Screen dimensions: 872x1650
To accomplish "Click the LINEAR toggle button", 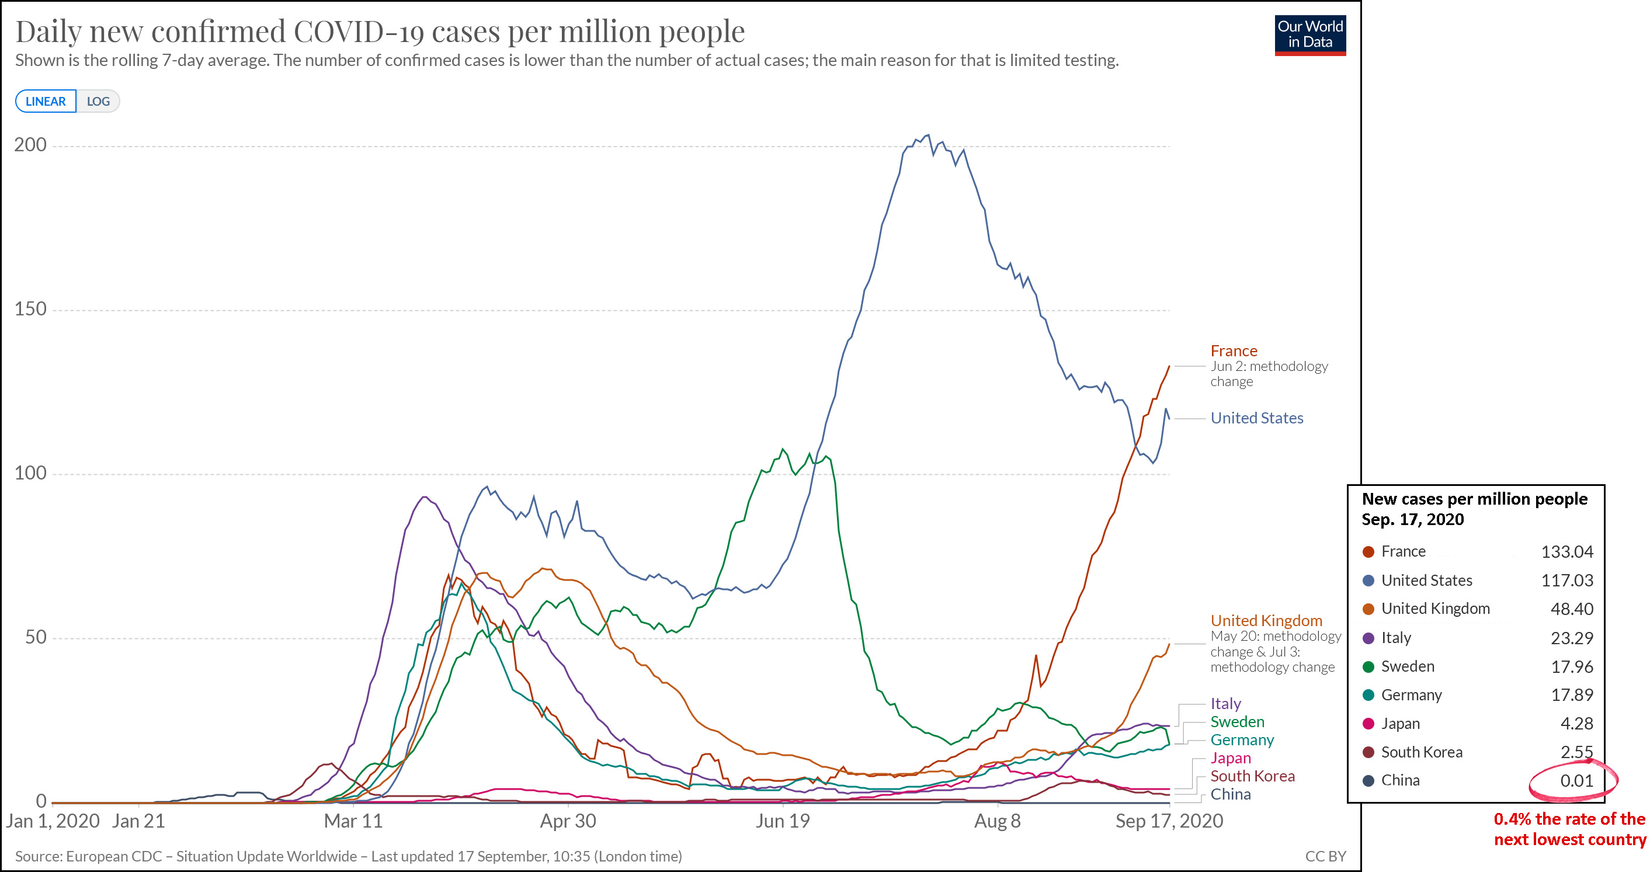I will (46, 101).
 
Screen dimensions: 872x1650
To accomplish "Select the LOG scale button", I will (98, 101).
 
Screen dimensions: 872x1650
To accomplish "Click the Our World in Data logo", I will (1310, 35).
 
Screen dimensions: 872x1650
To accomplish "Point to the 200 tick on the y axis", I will (30, 145).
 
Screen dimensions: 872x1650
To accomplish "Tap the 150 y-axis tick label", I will (30, 309).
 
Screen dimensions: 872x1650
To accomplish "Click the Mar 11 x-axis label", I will (353, 821).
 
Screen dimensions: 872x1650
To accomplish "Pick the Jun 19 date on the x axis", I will (782, 821).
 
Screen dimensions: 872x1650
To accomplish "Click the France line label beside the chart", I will (1234, 351).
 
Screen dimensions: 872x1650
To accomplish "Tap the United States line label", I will (1257, 418).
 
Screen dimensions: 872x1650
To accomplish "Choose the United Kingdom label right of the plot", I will (1266, 621).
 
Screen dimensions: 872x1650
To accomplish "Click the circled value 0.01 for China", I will (1576, 780).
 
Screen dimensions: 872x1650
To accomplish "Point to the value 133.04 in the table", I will (1566, 552).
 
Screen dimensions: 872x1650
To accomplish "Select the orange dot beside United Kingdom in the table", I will (1369, 609).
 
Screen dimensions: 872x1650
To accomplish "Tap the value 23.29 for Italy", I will (1572, 638).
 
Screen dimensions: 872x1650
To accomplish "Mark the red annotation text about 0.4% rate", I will (1569, 829).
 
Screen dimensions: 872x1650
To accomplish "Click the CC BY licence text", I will (1325, 857).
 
